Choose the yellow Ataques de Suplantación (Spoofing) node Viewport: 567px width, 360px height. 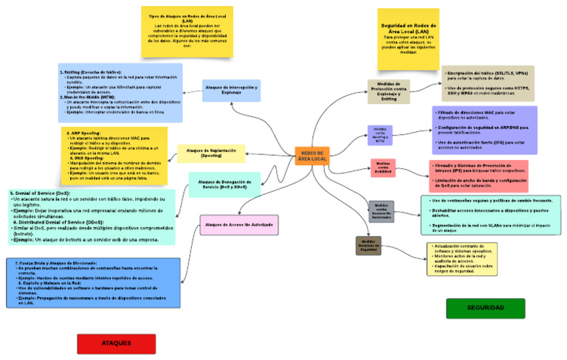tap(210, 153)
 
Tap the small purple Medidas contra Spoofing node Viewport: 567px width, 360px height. tap(379, 134)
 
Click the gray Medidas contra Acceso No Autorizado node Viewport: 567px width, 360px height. tap(382, 212)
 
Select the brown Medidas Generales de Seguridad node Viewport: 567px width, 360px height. tap(368, 246)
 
